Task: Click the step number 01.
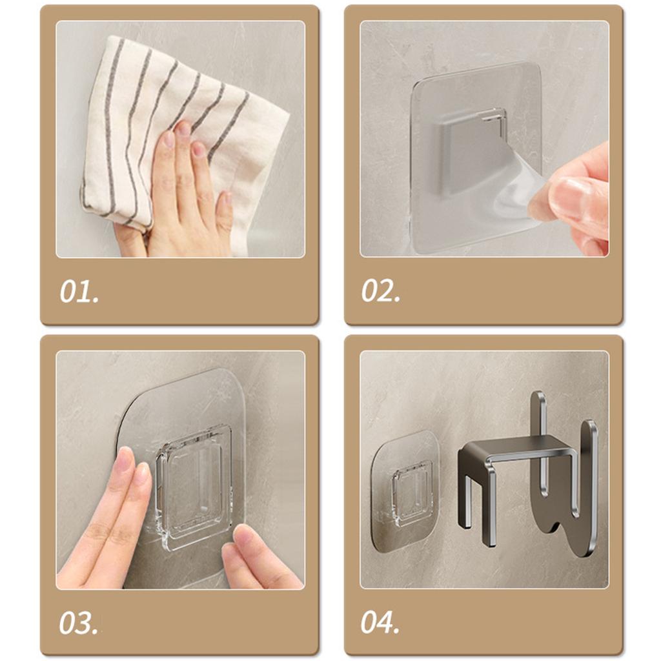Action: click(x=79, y=291)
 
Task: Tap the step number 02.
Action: click(x=381, y=290)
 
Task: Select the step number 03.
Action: click(x=78, y=623)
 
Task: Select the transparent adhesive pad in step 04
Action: click(x=403, y=490)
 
